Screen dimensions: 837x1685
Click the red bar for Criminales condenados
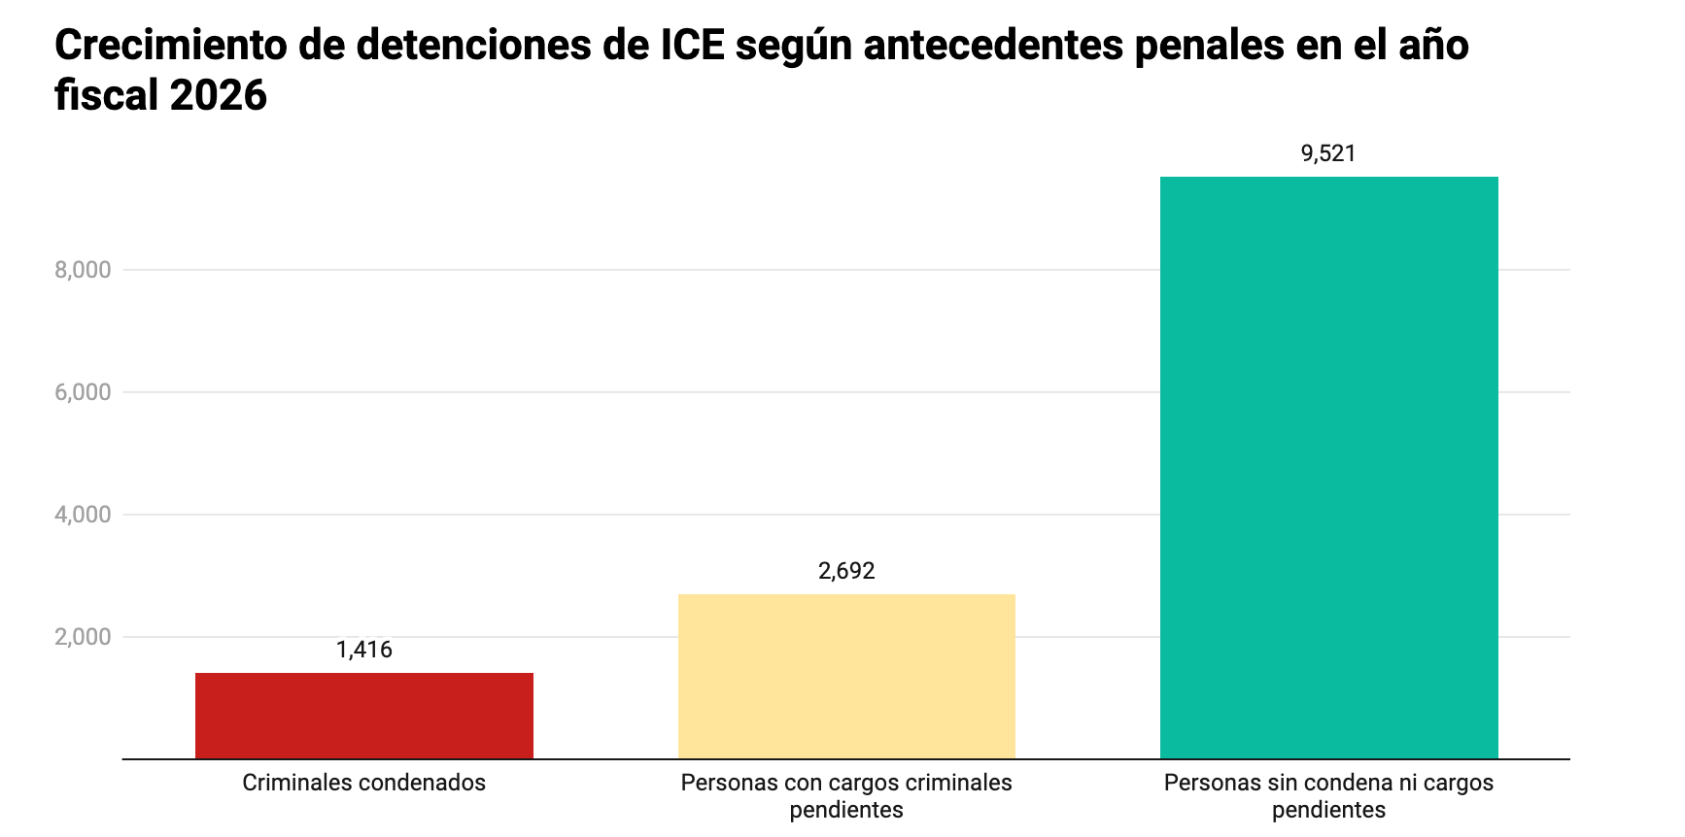tap(364, 716)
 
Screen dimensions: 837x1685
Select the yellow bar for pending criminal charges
tap(846, 676)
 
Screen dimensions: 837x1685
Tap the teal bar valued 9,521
tap(1328, 467)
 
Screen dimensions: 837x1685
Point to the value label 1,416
tap(364, 650)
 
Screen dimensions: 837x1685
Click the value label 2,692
tap(846, 571)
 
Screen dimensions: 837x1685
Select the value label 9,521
tap(1328, 153)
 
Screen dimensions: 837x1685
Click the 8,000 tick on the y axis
tap(83, 270)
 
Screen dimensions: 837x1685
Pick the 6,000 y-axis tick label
tap(83, 392)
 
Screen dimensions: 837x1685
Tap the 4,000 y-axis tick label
tap(83, 515)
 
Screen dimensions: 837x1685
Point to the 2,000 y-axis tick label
tap(83, 637)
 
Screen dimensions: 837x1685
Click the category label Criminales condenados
tap(364, 783)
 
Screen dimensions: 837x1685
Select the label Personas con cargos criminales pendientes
tap(846, 796)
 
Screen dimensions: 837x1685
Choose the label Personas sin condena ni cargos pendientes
tap(1328, 796)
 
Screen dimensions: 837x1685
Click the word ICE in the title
tap(693, 45)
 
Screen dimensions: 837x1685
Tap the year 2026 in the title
tap(219, 95)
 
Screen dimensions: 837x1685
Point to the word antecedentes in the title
tap(993, 45)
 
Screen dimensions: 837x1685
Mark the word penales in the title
tap(1208, 45)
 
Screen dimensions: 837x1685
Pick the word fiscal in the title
tap(106, 95)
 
